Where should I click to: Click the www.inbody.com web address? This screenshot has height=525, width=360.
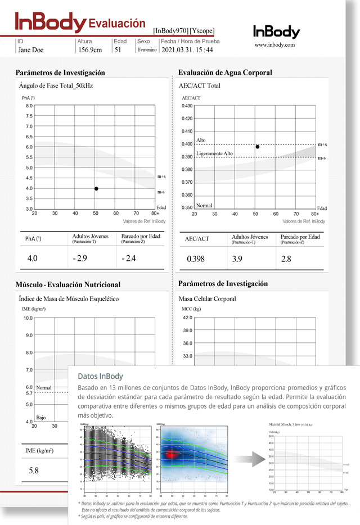click(x=274, y=45)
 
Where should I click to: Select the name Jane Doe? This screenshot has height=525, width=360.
click(x=30, y=50)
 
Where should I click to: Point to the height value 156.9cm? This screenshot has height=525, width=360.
click(x=90, y=50)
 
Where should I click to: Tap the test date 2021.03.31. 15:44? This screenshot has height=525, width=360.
click(x=187, y=50)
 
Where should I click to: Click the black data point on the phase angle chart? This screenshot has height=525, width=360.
click(x=96, y=189)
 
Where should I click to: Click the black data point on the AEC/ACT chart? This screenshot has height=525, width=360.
click(x=258, y=147)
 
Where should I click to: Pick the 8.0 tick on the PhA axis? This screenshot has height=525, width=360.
click(x=29, y=106)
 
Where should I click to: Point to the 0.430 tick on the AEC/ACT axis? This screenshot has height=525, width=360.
click(x=187, y=106)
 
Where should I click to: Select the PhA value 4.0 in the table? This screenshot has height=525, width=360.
click(x=33, y=259)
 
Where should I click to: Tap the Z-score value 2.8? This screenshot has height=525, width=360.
click(x=286, y=259)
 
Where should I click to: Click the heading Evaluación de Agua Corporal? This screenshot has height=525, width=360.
click(x=225, y=73)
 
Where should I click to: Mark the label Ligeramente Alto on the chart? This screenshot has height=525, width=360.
click(x=214, y=153)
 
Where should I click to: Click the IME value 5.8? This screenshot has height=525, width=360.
click(x=33, y=470)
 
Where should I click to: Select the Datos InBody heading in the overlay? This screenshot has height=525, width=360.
click(x=100, y=376)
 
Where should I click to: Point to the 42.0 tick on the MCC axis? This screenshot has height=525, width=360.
click(x=187, y=318)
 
